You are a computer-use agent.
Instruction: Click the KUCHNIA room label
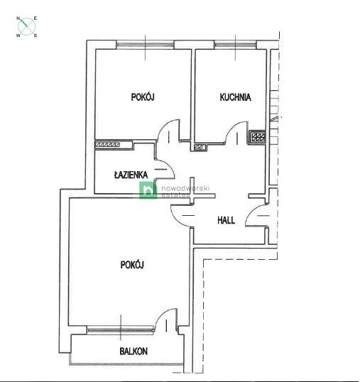(235, 97)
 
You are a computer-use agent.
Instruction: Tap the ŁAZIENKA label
(131, 174)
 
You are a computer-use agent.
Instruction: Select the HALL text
(226, 220)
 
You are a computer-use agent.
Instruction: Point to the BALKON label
(133, 351)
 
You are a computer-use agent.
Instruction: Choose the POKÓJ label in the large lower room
(132, 264)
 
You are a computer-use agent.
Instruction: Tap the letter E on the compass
(36, 17)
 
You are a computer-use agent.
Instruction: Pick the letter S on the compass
(36, 35)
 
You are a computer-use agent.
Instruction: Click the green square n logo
(147, 189)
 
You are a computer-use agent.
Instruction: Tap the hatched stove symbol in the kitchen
(257, 137)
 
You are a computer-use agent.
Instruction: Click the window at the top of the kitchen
(235, 45)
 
